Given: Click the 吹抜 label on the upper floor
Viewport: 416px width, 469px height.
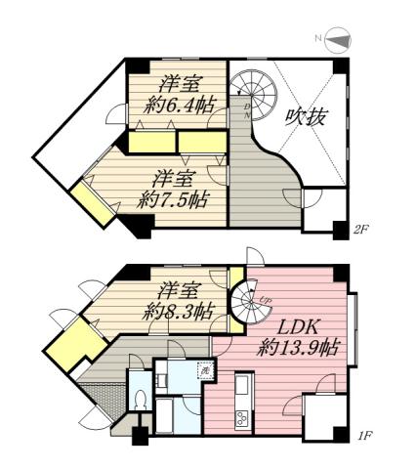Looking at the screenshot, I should [306, 117].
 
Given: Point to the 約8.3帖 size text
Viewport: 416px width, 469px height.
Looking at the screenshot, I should [178, 312].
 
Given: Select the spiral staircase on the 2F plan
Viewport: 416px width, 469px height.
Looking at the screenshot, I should [253, 94].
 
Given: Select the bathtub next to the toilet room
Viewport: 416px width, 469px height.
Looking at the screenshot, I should [167, 414].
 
